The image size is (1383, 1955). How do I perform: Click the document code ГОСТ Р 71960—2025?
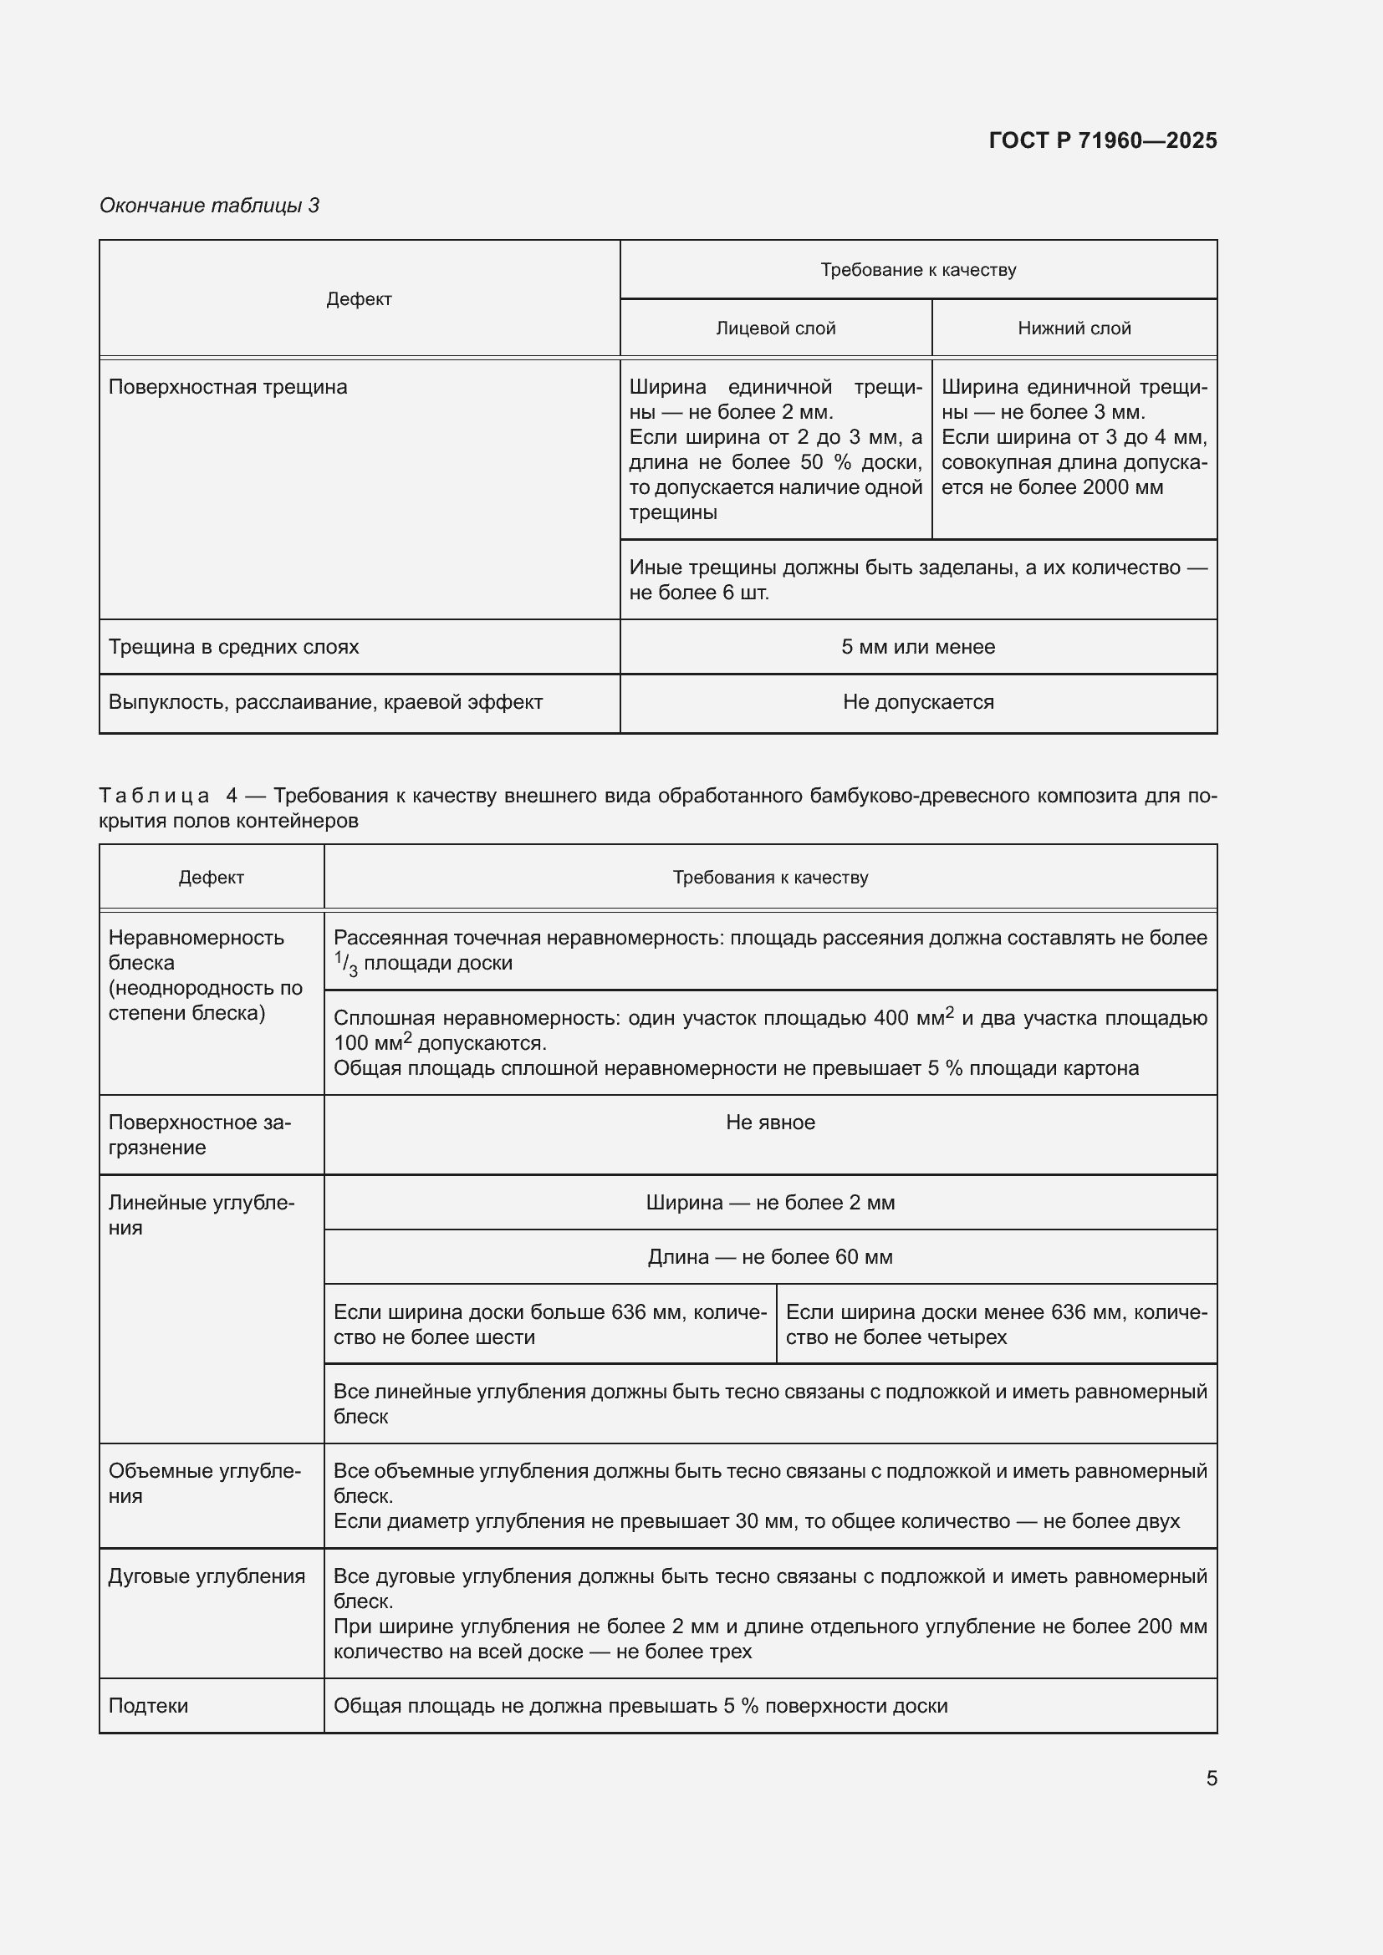(x=1102, y=140)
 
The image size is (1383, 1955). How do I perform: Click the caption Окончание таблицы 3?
(x=210, y=206)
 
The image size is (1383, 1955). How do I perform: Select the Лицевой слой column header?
(x=775, y=328)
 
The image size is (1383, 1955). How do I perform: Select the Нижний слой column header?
(x=1074, y=328)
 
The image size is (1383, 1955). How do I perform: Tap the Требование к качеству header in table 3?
(x=918, y=270)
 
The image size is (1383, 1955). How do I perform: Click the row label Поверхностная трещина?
(x=227, y=387)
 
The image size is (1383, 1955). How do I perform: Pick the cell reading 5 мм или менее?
(x=918, y=646)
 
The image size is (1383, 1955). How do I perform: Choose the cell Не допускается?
(x=918, y=701)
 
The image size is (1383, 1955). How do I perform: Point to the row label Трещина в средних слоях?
(x=233, y=646)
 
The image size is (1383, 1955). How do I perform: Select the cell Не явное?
(x=770, y=1123)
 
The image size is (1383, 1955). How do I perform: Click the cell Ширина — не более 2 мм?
(x=770, y=1202)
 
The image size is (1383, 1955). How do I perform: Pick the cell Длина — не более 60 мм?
(x=770, y=1257)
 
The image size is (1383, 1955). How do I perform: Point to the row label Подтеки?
(x=148, y=1706)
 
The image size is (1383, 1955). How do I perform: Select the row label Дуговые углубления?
(x=206, y=1576)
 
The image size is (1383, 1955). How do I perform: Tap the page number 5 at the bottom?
(x=1211, y=1778)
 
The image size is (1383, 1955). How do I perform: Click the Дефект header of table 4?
(x=212, y=877)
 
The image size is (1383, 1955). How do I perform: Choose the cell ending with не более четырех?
(x=995, y=1324)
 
